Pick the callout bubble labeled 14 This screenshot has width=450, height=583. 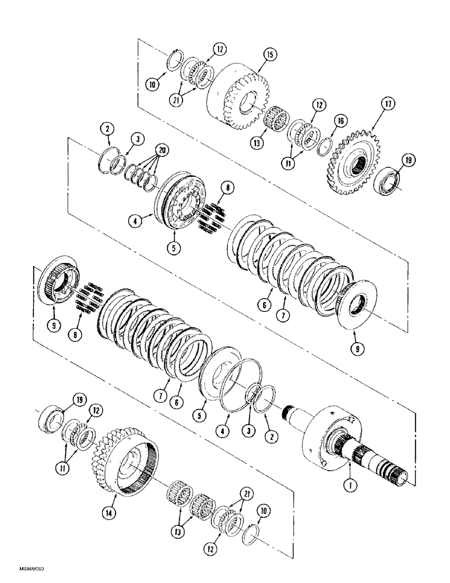(x=106, y=514)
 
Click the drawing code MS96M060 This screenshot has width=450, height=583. (x=23, y=567)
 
